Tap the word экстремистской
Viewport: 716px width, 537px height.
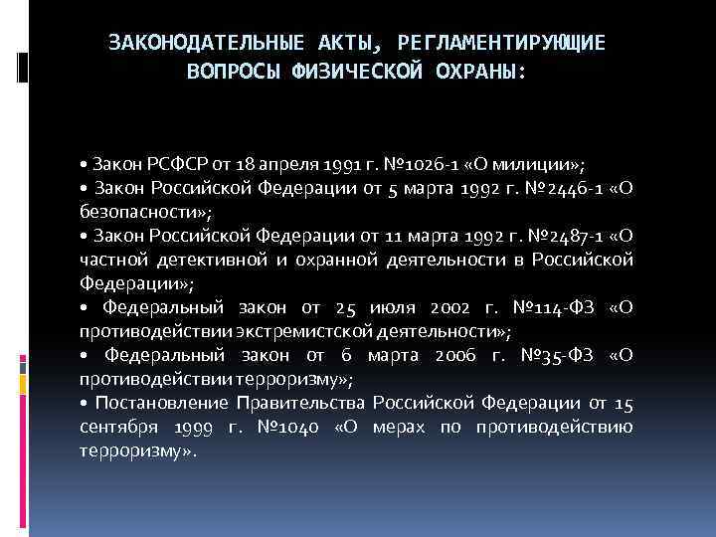(299, 331)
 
